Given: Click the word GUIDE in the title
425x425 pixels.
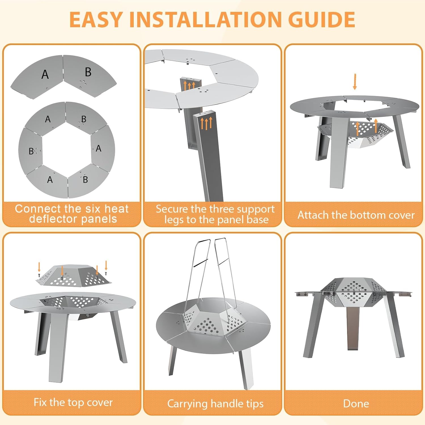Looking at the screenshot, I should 321,20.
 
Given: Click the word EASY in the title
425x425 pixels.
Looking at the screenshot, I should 95,20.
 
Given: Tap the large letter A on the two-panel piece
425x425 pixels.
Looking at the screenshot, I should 45,75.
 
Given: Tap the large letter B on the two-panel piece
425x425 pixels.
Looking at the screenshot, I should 88,72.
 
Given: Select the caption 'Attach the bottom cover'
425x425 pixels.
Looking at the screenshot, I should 356,215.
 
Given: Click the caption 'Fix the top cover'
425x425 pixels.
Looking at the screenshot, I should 73,402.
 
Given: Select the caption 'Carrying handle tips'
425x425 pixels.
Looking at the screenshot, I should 215,403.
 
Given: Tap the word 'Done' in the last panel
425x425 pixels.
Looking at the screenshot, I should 356,403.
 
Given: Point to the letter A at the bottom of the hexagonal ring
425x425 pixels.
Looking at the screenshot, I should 50,180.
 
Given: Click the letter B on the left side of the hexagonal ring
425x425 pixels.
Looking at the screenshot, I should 31,151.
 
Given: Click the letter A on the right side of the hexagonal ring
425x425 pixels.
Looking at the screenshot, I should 98,148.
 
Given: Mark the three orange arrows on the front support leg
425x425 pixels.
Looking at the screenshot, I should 206,123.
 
